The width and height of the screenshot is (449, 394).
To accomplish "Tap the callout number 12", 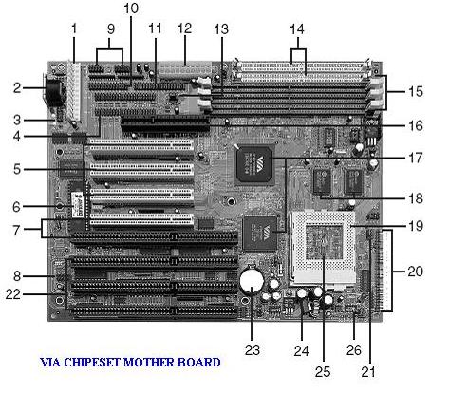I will [183, 28].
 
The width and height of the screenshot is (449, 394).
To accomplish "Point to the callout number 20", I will [414, 271].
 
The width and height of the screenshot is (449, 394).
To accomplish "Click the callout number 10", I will [131, 9].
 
